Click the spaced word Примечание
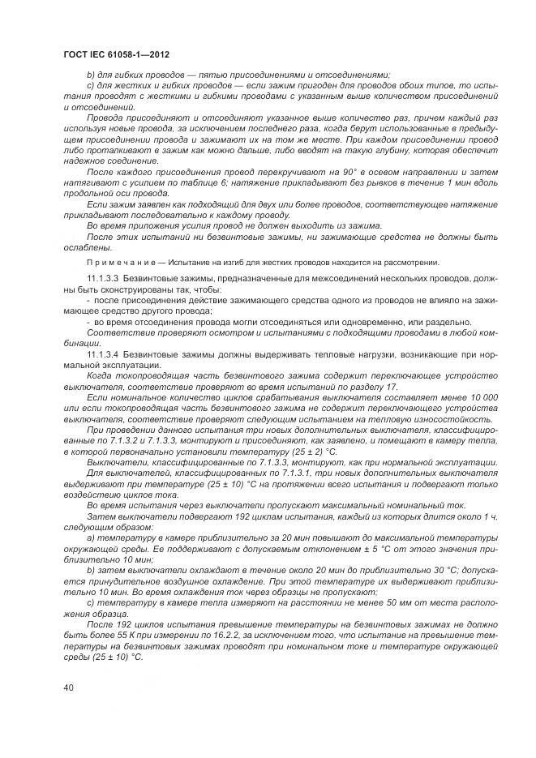114,262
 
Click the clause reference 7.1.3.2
132,439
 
